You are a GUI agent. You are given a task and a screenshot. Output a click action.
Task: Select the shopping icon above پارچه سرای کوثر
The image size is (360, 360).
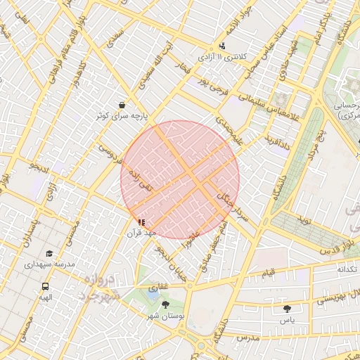pyautogui.click(x=122, y=104)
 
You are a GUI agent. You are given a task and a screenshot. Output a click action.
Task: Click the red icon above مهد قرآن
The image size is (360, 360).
pyautogui.click(x=141, y=222)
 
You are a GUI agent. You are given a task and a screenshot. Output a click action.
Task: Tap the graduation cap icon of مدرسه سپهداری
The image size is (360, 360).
pyautogui.click(x=49, y=254)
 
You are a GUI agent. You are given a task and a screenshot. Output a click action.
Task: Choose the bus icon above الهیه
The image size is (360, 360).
pyautogui.click(x=45, y=286)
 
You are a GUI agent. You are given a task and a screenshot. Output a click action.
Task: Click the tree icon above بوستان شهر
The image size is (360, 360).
pyautogui.click(x=165, y=304)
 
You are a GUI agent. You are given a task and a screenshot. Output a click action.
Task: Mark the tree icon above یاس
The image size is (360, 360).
pyautogui.click(x=286, y=309)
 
